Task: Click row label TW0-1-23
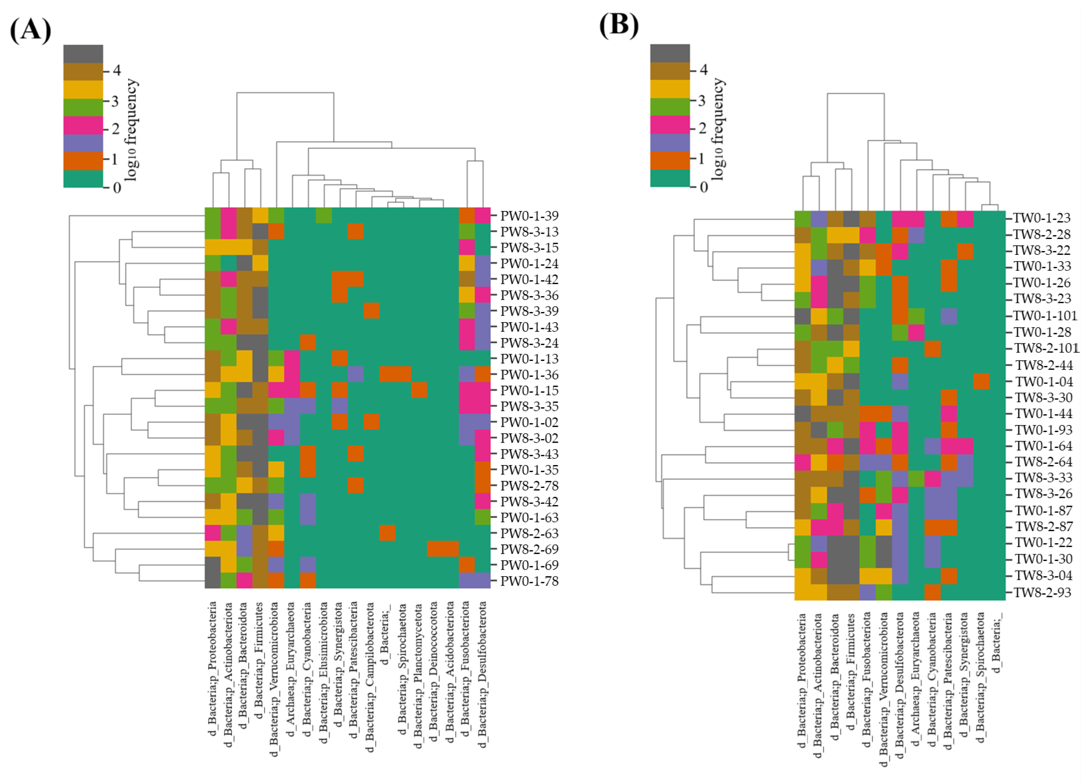pos(1041,218)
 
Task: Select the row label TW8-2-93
pos(1041,593)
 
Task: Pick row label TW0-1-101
pos(1044,316)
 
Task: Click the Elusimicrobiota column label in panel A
pos(324,673)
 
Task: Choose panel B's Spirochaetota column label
pos(980,677)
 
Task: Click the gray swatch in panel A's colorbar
pos(83,54)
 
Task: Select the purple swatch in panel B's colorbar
pos(670,143)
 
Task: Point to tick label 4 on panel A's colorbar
pos(117,71)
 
